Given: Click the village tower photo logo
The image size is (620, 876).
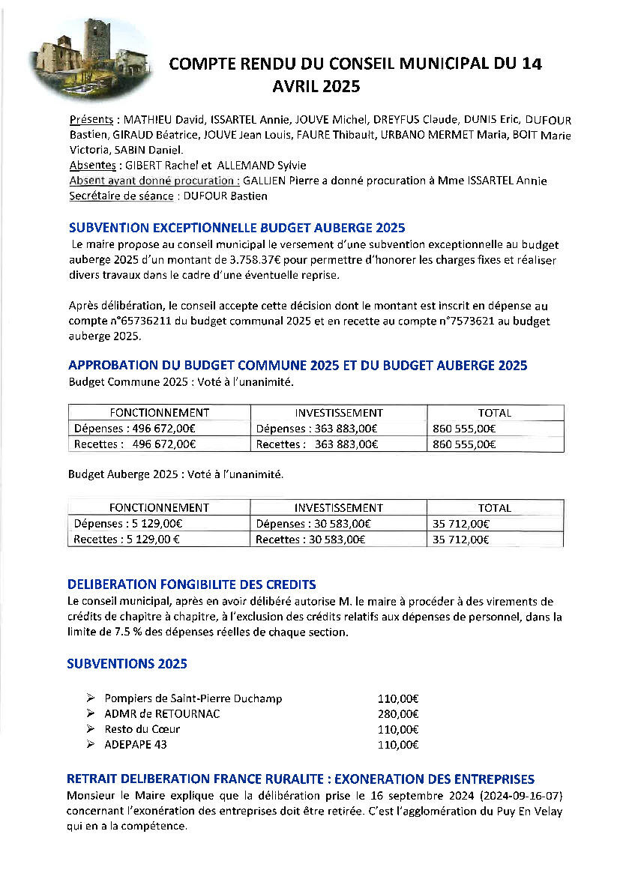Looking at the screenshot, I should [x=91, y=58].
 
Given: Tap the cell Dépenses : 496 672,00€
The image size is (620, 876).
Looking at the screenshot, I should [x=135, y=429].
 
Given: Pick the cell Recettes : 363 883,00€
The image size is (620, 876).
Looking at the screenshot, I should [x=317, y=444].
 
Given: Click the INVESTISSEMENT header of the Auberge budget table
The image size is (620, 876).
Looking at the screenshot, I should [x=338, y=508].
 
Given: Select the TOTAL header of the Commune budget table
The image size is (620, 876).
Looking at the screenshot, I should [x=495, y=413].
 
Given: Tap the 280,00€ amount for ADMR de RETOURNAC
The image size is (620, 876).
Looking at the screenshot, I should [x=398, y=714].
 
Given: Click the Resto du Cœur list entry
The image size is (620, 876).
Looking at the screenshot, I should [x=142, y=729].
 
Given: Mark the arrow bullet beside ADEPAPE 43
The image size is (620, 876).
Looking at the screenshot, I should [x=91, y=745].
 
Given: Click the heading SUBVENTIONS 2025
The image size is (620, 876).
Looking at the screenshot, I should [x=127, y=664].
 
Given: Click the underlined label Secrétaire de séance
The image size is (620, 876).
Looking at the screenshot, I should [x=121, y=196].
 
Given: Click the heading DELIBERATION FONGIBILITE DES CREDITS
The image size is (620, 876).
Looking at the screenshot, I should [x=192, y=584].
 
